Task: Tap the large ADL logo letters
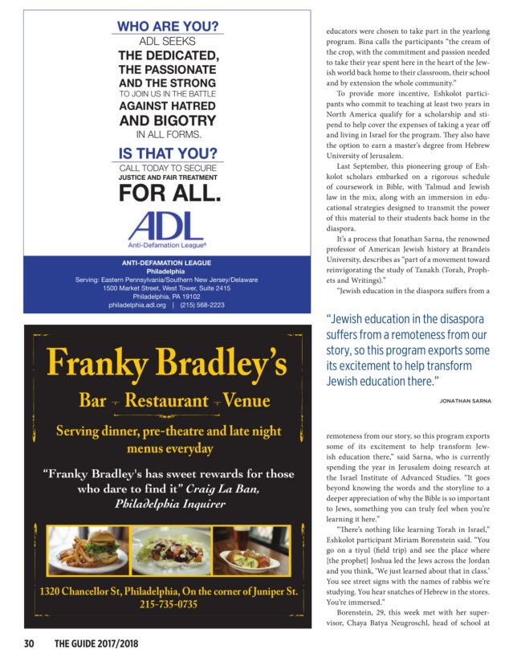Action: tap(167, 224)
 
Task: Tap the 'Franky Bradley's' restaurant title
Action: tap(167, 364)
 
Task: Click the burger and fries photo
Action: tap(88, 549)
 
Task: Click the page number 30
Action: tap(29, 643)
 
